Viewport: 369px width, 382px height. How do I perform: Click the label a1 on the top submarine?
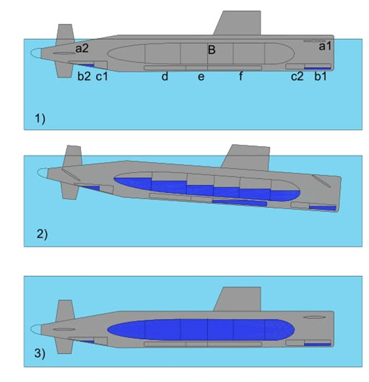[x=325, y=46]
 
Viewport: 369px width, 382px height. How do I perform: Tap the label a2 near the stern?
[x=82, y=48]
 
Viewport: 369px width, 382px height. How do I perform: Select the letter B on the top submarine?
[x=212, y=50]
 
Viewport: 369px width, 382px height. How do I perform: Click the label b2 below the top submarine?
[x=84, y=76]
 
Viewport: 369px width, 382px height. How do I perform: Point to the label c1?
[x=102, y=76]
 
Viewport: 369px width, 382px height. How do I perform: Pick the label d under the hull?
[x=165, y=76]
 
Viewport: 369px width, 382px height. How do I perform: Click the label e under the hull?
[x=201, y=77]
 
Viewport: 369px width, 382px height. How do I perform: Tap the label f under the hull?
[x=241, y=76]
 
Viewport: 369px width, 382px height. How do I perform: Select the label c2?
[x=297, y=76]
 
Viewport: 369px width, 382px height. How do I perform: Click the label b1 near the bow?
[x=320, y=76]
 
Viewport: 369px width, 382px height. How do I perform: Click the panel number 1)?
[x=40, y=119]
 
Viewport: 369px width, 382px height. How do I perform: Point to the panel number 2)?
[x=42, y=234]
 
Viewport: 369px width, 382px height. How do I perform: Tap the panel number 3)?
[x=40, y=353]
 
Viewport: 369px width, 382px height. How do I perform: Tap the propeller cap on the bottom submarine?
[x=36, y=329]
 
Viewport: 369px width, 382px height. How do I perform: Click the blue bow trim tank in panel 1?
[x=318, y=68]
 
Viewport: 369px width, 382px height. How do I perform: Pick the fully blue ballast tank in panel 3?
[x=201, y=329]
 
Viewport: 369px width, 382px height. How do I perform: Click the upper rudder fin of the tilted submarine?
[x=73, y=156]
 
